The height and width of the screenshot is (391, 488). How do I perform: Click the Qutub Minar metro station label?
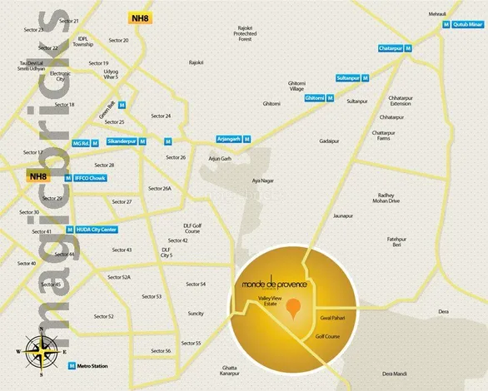pos(467,26)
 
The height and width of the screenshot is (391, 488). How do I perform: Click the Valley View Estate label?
pos(271,304)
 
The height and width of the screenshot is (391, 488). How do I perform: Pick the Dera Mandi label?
pos(397,374)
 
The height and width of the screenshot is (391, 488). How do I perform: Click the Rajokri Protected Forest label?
pos(244,33)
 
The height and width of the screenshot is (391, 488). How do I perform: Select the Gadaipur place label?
pos(330,141)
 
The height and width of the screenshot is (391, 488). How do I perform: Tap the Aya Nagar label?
pos(262,180)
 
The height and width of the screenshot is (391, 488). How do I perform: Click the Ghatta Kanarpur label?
pos(235,370)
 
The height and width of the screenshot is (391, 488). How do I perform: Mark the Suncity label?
pos(196,314)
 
